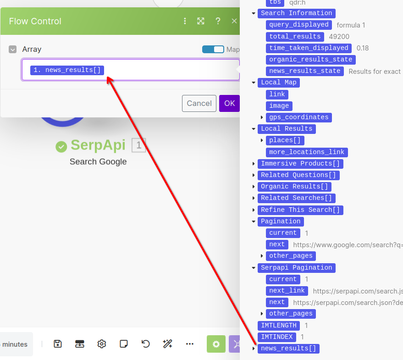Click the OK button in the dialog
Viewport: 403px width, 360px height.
point(229,103)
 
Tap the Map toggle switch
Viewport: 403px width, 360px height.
point(213,50)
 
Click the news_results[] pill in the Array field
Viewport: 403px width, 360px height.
point(67,70)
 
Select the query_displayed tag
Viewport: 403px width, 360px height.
point(299,25)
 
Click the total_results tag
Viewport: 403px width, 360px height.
point(295,36)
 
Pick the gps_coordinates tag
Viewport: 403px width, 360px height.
point(298,117)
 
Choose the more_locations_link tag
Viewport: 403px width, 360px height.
point(307,152)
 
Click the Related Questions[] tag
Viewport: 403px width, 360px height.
point(298,175)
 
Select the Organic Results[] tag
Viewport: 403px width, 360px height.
point(294,187)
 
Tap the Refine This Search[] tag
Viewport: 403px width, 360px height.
point(300,210)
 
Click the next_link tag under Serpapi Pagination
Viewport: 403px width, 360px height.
point(287,291)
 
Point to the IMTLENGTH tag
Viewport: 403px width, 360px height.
point(278,326)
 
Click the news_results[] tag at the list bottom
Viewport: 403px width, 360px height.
point(288,349)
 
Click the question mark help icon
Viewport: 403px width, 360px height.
point(218,21)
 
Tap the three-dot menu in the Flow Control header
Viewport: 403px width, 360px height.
point(185,21)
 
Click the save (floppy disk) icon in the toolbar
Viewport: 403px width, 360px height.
point(58,344)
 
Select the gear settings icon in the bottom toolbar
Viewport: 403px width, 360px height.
point(102,344)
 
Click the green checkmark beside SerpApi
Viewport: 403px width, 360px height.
point(61,146)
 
